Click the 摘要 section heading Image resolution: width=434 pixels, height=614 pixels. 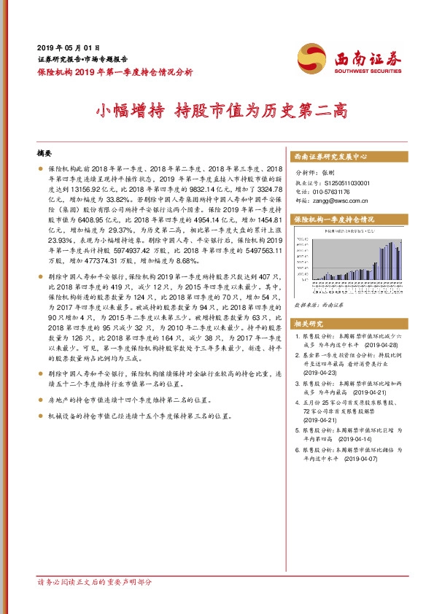point(44,154)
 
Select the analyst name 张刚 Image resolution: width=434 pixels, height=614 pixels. point(326,174)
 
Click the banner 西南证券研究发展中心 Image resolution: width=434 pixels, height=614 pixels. point(330,157)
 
